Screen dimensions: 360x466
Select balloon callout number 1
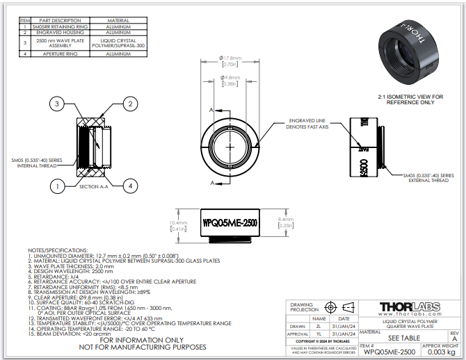click(58, 186)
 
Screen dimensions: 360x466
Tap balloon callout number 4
click(129, 186)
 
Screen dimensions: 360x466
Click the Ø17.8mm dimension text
click(230, 58)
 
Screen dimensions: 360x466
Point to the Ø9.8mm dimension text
click(230, 76)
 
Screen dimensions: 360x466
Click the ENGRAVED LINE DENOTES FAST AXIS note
click(312, 124)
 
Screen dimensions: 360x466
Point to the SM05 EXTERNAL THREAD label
click(428, 177)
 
